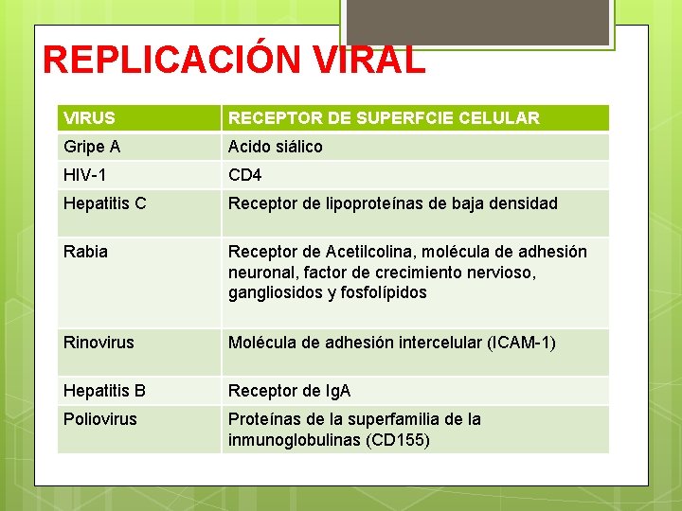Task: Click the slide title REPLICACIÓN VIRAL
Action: [234, 61]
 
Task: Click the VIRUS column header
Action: [89, 118]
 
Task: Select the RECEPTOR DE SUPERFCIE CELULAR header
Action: [384, 118]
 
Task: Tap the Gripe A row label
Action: [92, 147]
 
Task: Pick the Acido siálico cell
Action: [275, 147]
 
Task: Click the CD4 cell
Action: [244, 175]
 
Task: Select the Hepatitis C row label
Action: [104, 203]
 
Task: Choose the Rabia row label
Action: [85, 252]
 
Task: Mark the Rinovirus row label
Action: [99, 342]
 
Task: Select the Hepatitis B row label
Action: [104, 391]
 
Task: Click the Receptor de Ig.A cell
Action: [289, 391]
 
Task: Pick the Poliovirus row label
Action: [99, 419]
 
